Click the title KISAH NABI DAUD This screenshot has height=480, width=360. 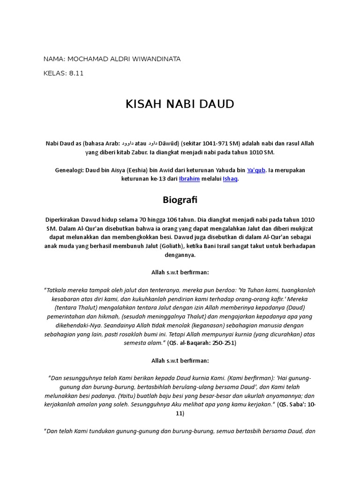tap(180, 104)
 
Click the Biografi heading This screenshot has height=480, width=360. tap(180, 200)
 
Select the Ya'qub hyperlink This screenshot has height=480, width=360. tap(256, 170)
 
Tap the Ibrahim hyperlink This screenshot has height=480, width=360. tap(189, 179)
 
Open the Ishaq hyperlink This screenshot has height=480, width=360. tap(231, 179)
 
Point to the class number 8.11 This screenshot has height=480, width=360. tap(75, 74)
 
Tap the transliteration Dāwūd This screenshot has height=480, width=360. tap(171, 143)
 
